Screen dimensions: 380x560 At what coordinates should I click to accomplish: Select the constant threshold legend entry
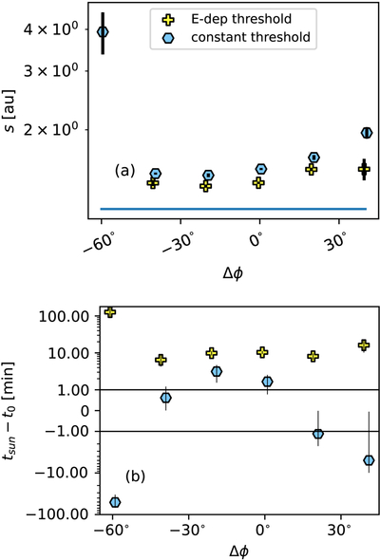pos(236,37)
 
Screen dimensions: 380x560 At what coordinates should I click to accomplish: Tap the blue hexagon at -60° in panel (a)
pos(103,31)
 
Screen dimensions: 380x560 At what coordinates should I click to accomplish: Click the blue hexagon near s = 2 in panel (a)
pos(367,133)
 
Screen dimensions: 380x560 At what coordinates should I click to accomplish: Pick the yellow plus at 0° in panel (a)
pos(258,183)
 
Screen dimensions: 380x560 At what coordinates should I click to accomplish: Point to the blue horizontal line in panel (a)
pos(234,209)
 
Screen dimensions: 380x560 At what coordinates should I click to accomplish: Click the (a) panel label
pos(124,171)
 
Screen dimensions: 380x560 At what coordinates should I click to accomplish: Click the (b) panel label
pos(135,476)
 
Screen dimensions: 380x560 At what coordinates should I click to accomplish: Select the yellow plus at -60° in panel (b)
pos(110,311)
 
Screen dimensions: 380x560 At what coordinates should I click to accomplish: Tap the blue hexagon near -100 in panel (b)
pos(115,502)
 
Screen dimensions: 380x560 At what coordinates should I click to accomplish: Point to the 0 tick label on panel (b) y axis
pos(85,411)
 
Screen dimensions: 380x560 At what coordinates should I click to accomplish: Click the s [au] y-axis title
pos(10,111)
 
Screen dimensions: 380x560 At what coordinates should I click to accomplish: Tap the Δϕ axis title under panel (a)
pos(234,273)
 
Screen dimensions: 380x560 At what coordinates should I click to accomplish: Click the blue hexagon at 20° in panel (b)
pos(318,434)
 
